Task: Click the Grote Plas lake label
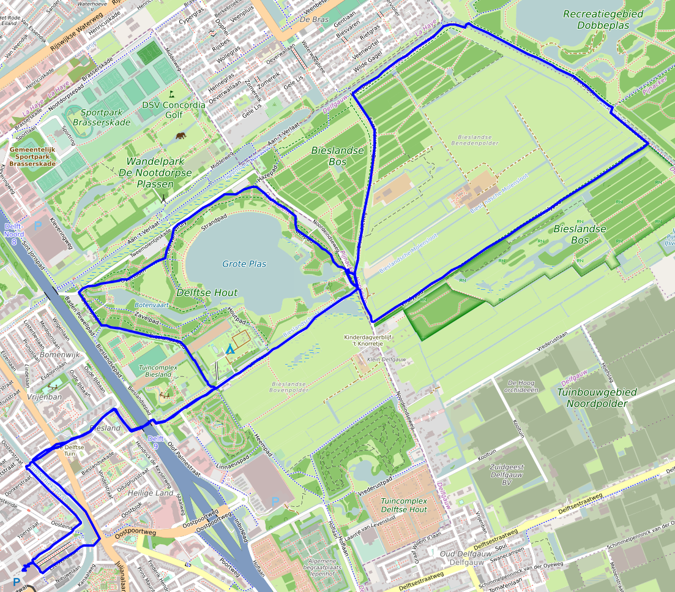point(244,264)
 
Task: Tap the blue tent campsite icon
point(229,349)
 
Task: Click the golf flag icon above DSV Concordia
point(172,94)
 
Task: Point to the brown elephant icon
point(182,136)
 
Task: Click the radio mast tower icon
point(163,198)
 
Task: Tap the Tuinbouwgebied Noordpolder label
point(597,398)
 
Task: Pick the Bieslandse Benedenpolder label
point(474,140)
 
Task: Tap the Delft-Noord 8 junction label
point(13,233)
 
